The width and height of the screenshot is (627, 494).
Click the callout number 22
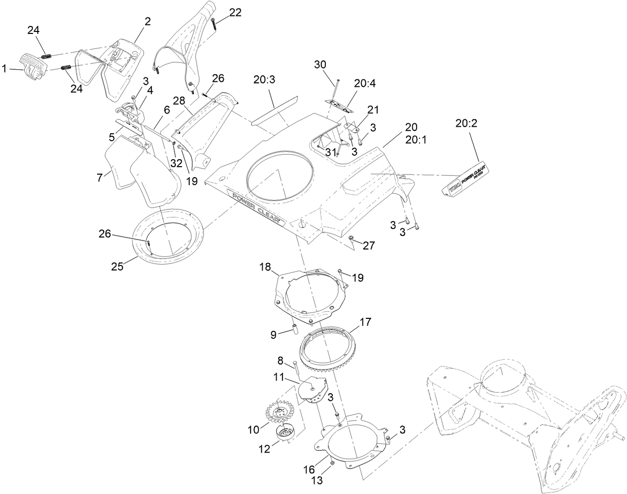click(235, 13)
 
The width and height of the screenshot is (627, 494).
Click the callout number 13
click(317, 481)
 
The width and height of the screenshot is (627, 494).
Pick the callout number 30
click(320, 64)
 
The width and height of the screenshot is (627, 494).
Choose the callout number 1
click(4, 69)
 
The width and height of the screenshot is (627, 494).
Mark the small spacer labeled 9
click(294, 330)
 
